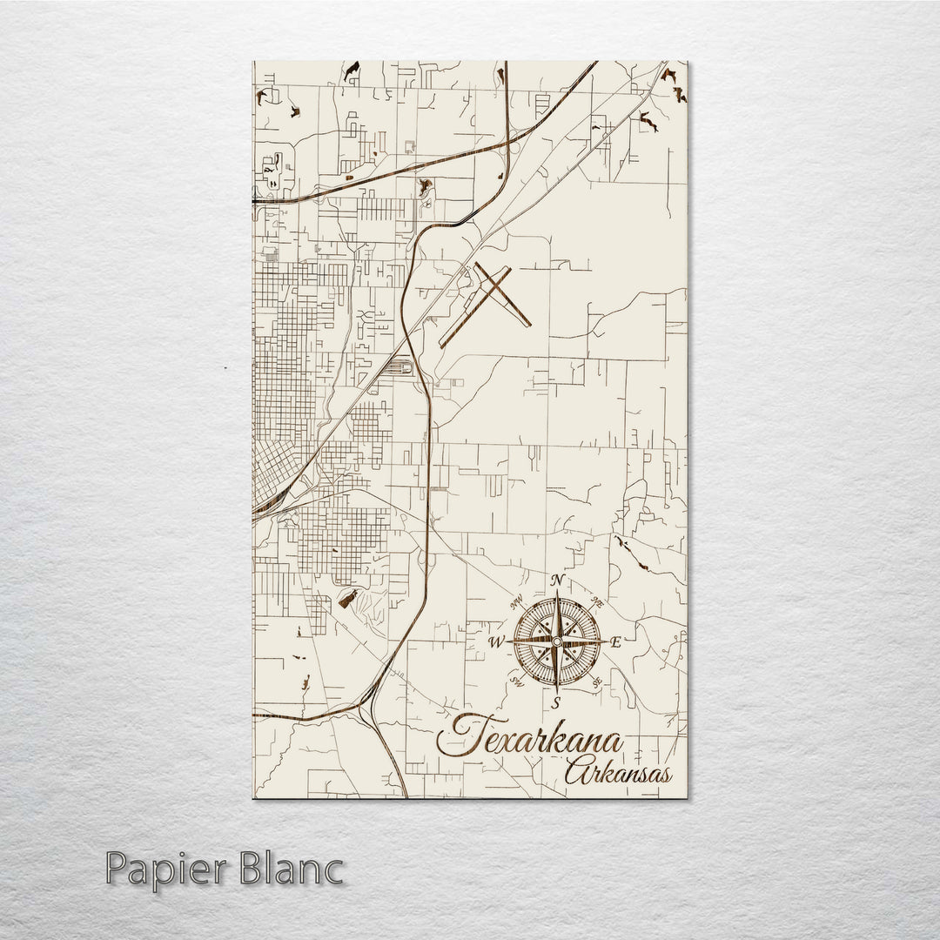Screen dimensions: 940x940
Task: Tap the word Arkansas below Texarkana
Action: coord(618,772)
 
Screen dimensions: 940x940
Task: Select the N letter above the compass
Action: coord(558,581)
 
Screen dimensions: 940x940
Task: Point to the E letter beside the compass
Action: coord(615,643)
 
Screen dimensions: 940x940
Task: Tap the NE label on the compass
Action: coord(597,601)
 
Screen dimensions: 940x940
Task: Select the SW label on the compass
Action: coord(516,681)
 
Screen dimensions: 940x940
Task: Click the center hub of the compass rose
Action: coord(557,642)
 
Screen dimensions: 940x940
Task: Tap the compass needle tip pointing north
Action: coord(557,592)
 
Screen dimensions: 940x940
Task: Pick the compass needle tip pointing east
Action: coord(608,642)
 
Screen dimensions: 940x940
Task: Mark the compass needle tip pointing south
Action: coord(557,693)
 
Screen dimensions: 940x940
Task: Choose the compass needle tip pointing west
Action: coord(507,642)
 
